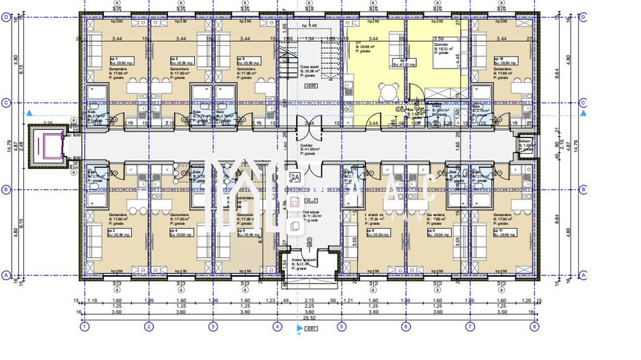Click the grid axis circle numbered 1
[84, 327]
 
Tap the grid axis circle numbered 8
[534, 327]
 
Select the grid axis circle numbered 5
[341, 327]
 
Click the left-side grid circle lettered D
[6, 19]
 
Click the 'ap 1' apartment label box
[102, 61]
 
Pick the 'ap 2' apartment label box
[102, 233]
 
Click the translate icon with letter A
[295, 176]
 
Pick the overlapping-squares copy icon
[295, 227]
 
